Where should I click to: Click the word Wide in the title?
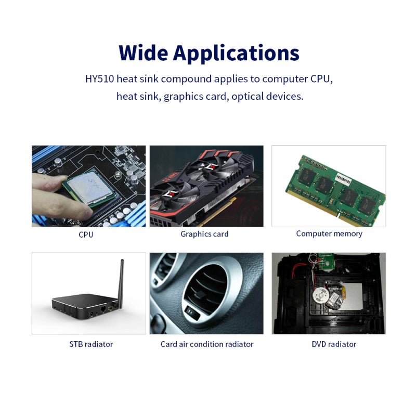click(144, 53)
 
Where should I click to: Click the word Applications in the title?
click(236, 54)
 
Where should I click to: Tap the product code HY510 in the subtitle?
click(99, 79)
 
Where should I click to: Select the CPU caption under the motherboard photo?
click(86, 235)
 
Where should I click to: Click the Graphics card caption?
click(204, 234)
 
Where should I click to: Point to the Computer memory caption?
click(329, 233)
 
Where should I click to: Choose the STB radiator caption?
click(91, 344)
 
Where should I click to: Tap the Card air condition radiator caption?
click(207, 344)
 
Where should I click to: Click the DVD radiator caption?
click(334, 344)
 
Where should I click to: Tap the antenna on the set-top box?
click(121, 283)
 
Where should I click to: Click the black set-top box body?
click(85, 306)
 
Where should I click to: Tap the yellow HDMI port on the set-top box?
click(110, 308)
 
